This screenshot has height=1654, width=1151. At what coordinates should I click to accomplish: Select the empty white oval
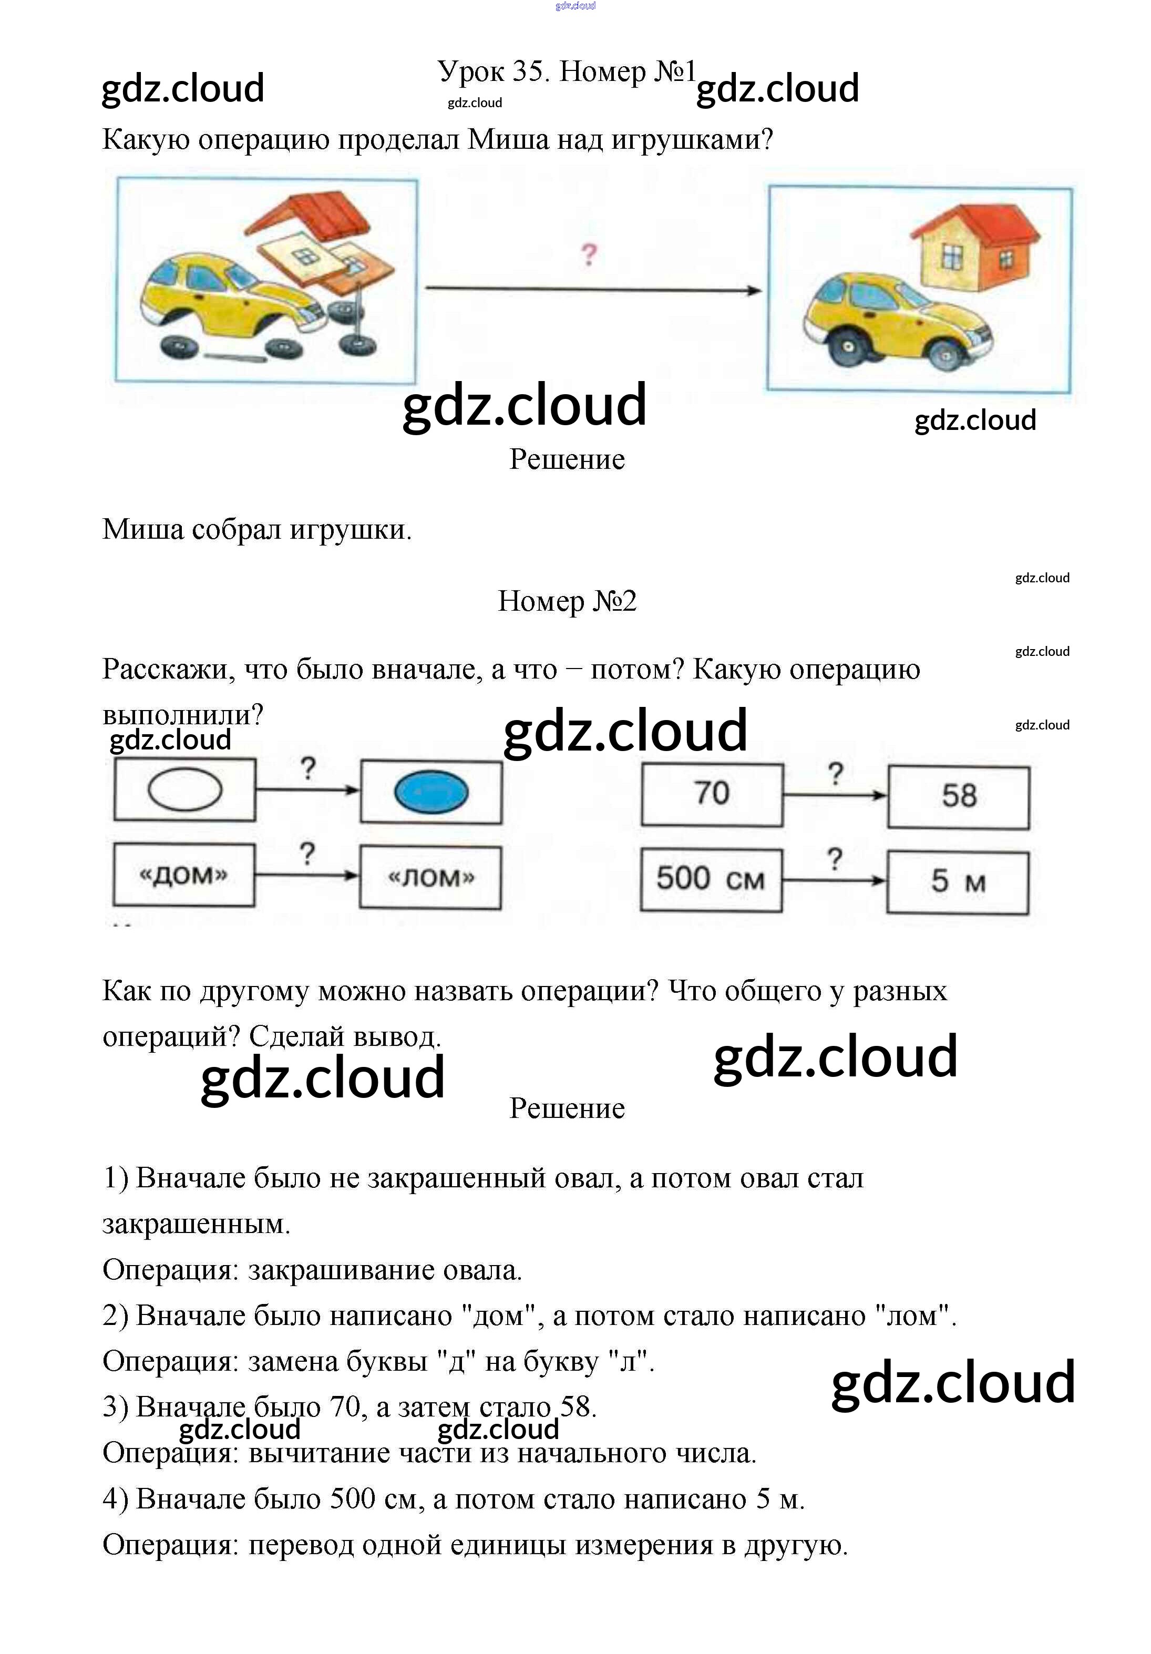185,789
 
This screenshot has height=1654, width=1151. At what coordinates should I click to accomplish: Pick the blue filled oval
431,792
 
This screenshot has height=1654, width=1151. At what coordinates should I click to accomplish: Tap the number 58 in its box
959,796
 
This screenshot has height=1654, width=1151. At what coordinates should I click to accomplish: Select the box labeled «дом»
183,875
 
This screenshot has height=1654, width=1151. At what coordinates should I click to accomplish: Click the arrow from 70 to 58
835,795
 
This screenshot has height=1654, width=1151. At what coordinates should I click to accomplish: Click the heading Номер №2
567,601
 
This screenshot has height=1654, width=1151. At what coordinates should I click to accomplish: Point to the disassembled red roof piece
317,215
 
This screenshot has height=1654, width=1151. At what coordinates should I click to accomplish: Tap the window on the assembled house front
951,256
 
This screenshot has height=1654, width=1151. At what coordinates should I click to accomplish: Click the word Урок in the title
471,71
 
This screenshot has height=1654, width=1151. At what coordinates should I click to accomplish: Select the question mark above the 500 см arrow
834,859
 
